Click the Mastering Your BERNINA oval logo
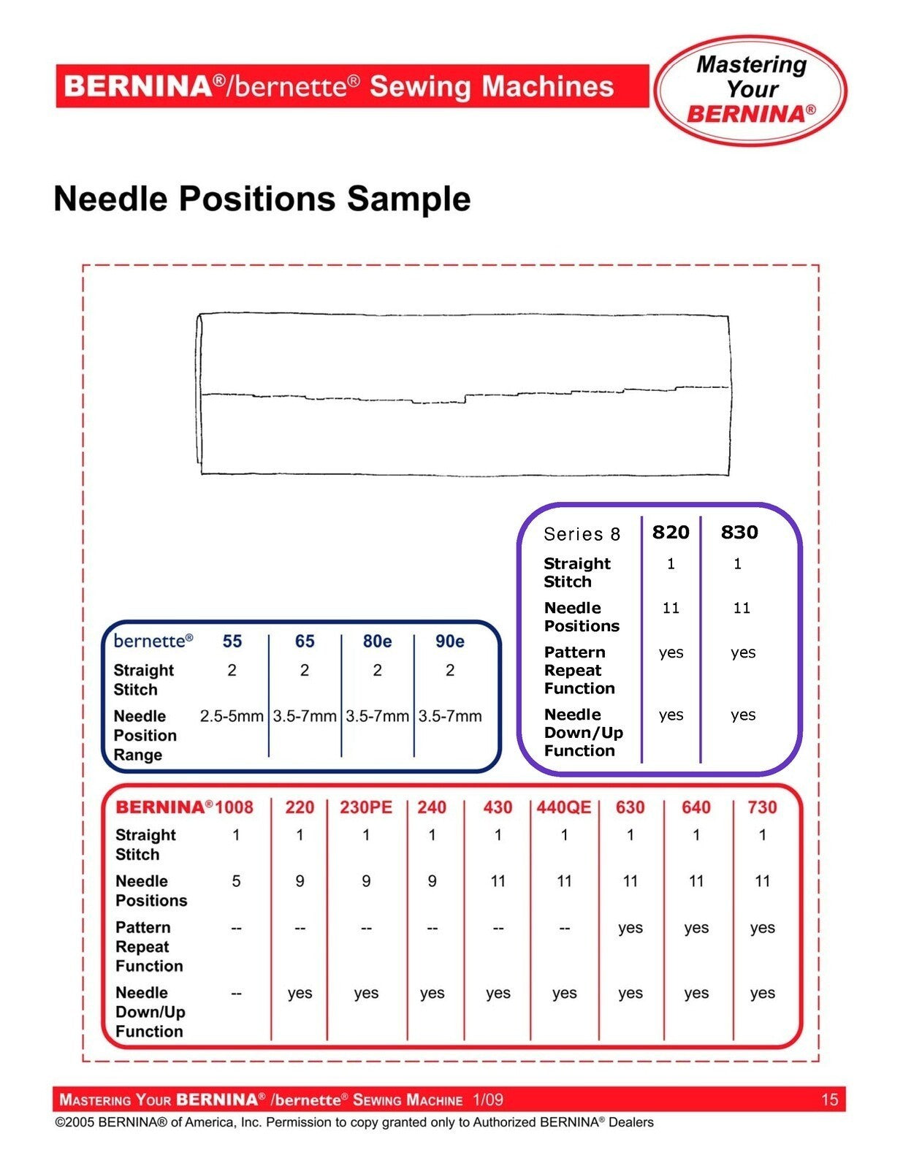coord(750,90)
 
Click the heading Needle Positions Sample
coord(262,199)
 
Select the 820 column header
coord(671,532)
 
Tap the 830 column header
coord(739,532)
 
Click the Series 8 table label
coord(582,534)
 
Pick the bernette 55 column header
coord(232,641)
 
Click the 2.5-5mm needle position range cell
coord(232,716)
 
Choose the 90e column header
coord(449,641)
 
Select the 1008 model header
coord(235,807)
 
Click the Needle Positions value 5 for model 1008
coord(236,881)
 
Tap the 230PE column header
coord(366,807)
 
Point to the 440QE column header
coord(564,807)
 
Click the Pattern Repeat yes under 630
coord(630,928)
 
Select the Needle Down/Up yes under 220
coord(300,993)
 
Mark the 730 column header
coord(762,807)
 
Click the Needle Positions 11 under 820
coord(671,608)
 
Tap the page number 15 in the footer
coord(829,1100)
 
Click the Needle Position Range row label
coord(145,735)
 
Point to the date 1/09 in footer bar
coord(488,1100)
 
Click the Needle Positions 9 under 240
coord(432,881)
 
